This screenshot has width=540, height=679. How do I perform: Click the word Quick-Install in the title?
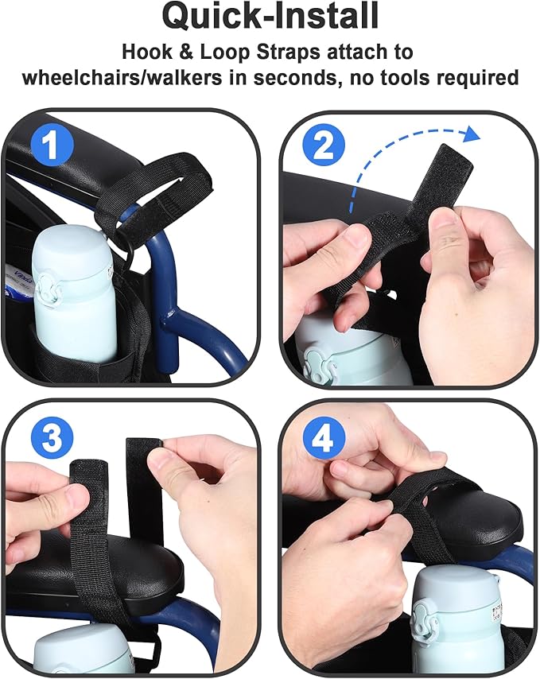pyautogui.click(x=270, y=17)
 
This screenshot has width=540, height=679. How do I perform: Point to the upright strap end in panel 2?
pyautogui.click(x=445, y=175)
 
